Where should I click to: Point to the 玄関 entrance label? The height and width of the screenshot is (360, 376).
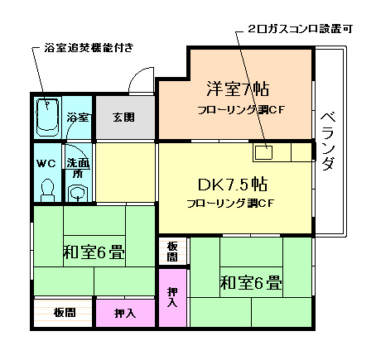(123, 116)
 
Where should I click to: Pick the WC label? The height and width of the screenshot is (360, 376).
(46, 162)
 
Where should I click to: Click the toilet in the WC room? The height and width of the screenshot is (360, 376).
(46, 190)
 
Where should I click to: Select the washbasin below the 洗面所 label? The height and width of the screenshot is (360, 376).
(77, 194)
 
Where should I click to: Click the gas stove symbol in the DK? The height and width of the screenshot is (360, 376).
(264, 152)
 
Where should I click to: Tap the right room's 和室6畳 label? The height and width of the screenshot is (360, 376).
(250, 282)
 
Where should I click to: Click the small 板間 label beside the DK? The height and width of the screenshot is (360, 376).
(171, 252)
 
